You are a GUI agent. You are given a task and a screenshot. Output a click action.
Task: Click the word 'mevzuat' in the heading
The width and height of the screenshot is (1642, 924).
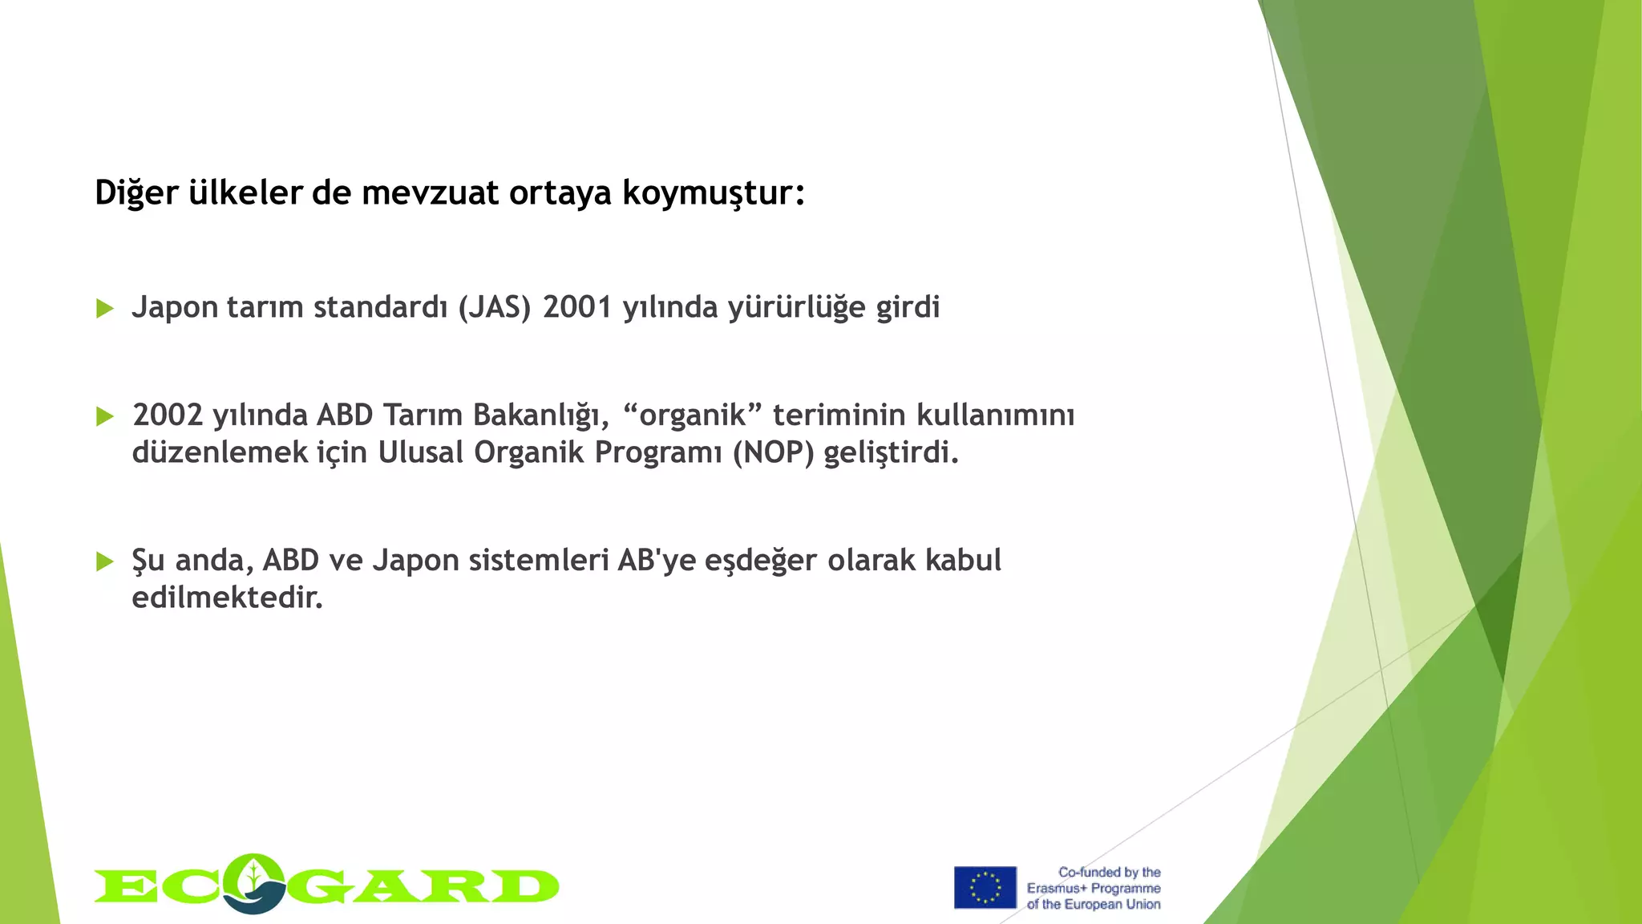(430, 192)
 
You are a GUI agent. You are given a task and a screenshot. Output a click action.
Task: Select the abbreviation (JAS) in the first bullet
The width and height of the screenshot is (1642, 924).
(495, 307)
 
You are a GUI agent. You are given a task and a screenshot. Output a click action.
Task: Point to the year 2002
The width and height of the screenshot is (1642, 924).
(168, 415)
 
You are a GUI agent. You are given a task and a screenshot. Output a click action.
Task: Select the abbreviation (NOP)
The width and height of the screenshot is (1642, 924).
(773, 452)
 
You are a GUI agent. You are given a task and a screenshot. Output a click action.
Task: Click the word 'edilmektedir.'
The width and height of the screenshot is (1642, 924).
(227, 597)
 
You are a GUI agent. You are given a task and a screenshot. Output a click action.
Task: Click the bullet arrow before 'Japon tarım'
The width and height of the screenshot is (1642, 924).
(105, 308)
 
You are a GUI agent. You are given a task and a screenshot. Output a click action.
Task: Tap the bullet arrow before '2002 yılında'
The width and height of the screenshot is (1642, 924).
(105, 415)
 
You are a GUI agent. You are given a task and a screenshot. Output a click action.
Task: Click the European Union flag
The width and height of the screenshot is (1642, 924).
(985, 887)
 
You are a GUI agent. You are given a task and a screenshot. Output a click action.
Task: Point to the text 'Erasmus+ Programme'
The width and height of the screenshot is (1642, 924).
(1094, 888)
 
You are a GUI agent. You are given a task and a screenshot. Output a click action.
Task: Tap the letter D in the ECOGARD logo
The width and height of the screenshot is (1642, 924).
(525, 886)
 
